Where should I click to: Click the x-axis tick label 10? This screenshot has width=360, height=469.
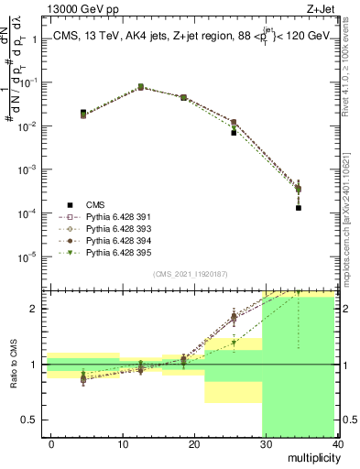tap(123, 444)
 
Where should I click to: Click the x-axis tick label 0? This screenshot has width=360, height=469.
tap(51, 444)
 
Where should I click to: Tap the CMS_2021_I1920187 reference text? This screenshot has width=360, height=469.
tap(189, 274)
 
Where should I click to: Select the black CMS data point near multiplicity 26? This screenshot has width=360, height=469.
tap(235, 133)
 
